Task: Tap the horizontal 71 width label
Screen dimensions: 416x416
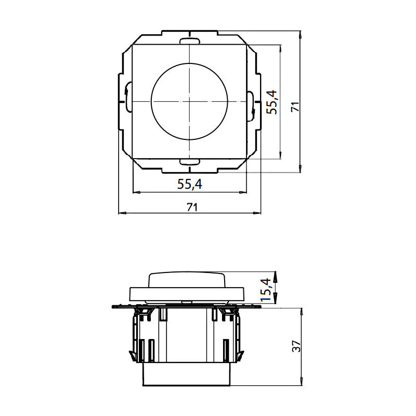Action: [192, 207]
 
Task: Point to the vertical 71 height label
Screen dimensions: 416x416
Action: [295, 107]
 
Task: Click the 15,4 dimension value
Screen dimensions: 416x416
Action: [266, 290]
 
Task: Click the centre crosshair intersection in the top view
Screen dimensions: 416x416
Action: [190, 100]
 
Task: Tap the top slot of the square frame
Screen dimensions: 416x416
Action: [190, 41]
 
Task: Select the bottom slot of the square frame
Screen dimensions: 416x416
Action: [190, 163]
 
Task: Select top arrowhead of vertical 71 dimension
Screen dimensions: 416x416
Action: [302, 34]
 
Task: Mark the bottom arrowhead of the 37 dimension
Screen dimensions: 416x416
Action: [302, 383]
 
